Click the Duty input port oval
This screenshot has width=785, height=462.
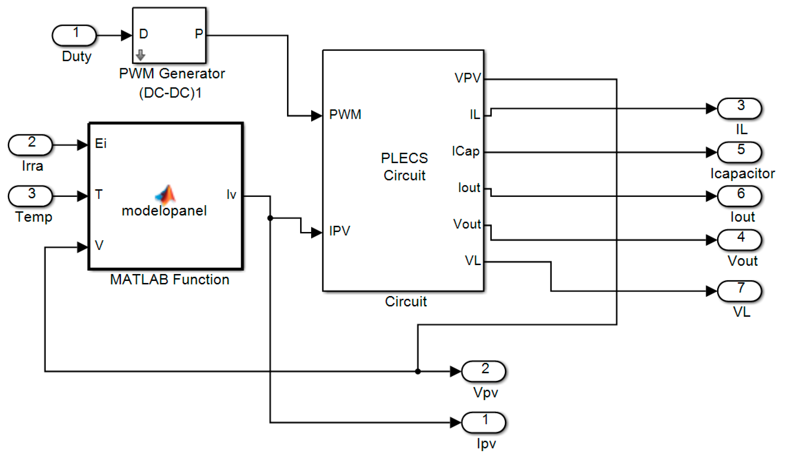coord(74,35)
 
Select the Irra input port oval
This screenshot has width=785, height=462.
coord(31,145)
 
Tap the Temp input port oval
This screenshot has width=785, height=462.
coord(31,196)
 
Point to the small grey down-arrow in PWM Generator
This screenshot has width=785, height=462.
coord(140,55)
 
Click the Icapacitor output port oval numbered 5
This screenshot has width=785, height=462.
coord(740,152)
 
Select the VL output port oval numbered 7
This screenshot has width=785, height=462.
coord(740,291)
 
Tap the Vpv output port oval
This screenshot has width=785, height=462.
coord(483,371)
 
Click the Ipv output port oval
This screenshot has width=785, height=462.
coord(483,422)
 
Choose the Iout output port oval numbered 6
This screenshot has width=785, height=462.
coord(740,196)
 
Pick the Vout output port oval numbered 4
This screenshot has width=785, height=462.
coord(740,240)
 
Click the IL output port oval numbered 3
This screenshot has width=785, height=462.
coord(740,108)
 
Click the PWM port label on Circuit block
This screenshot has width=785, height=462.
coord(345,115)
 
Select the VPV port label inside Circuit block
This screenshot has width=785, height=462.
coord(467,78)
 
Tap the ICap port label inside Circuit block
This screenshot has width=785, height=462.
coord(466,151)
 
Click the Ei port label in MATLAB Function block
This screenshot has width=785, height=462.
coord(101,144)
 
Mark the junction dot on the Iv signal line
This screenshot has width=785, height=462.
coord(270,218)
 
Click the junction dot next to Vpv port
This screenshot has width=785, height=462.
coord(418,371)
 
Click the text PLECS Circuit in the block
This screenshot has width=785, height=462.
coord(404,167)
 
